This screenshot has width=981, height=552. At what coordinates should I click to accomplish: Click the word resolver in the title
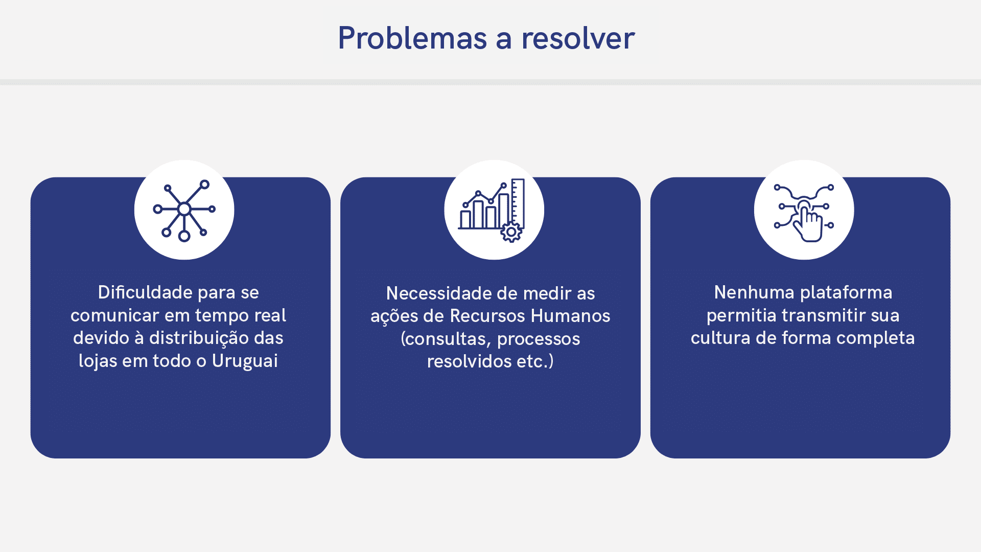click(578, 38)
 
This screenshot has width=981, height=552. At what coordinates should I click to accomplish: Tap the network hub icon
click(184, 210)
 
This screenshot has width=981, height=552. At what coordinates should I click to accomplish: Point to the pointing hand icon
click(804, 213)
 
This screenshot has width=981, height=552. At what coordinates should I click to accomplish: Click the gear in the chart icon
click(511, 232)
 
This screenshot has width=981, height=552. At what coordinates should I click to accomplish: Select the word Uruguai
click(245, 361)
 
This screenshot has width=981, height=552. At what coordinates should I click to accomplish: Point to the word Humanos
click(571, 316)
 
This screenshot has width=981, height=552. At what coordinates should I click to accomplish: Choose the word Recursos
click(488, 316)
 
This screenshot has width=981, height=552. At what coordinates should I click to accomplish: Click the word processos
click(539, 339)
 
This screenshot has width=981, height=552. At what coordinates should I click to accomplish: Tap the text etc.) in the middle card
click(535, 361)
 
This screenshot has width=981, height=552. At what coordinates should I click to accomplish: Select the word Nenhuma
click(755, 292)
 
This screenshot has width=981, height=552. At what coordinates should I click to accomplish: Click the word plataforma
click(846, 293)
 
